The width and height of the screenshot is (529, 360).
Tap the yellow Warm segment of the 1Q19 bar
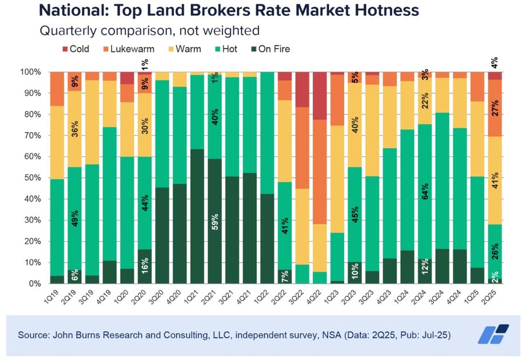point(57,143)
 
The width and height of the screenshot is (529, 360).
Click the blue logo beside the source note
point(493,335)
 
